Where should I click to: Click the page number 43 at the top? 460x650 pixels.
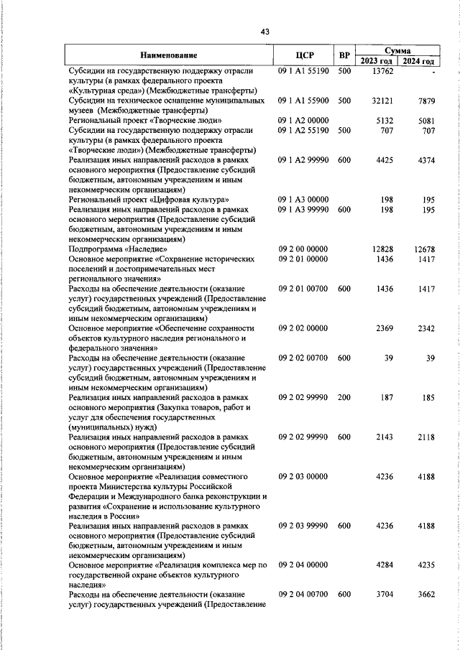[265, 32]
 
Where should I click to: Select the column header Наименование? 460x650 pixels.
[168, 55]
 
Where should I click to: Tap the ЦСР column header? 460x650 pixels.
[305, 55]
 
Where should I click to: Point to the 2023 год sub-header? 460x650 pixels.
[377, 61]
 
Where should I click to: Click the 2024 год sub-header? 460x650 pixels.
[420, 61]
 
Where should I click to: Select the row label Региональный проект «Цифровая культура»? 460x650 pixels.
[149, 198]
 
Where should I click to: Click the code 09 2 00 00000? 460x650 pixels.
[303, 248]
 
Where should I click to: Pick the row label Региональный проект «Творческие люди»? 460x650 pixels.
[144, 121]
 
